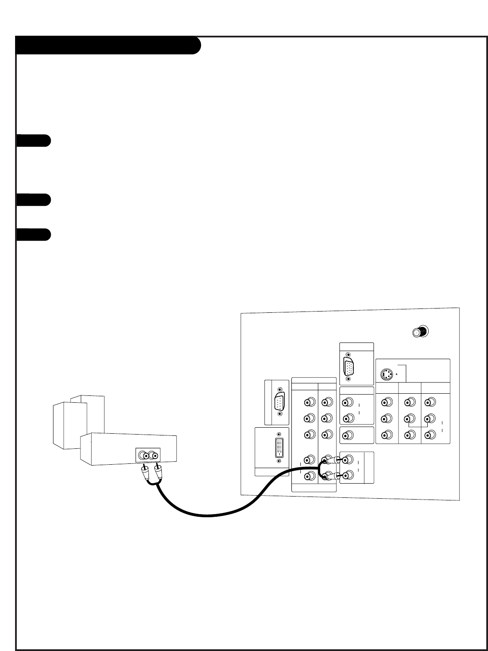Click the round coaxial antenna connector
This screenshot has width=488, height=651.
420,332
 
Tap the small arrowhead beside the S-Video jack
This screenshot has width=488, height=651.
397,374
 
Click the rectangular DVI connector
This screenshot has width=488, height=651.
280,447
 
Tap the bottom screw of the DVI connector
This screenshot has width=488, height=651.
280,461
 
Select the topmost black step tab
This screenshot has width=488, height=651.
34,141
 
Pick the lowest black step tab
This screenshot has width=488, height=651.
34,234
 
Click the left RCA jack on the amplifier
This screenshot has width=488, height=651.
144,455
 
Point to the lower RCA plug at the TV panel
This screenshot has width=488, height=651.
330,476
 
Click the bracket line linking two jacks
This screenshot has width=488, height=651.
417,425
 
